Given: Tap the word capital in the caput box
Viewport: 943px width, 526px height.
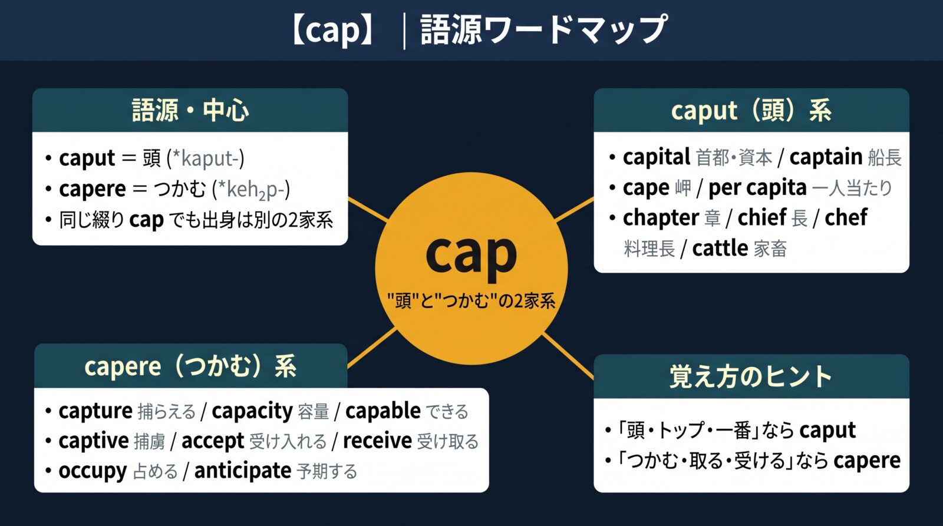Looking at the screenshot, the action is coord(657,157).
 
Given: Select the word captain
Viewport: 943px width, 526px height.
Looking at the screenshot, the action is coord(826,157).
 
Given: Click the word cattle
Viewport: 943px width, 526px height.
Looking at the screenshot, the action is coord(720,248).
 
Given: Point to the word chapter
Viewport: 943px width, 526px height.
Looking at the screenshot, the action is coord(661,218).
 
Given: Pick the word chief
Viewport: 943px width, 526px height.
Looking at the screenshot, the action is coord(762,217).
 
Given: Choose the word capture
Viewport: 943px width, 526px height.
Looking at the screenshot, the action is coord(95,411).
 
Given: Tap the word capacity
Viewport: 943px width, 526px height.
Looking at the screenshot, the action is coord(252,411).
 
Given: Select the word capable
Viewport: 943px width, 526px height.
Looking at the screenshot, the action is coord(383,411).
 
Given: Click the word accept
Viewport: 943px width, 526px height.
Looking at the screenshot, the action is coord(213,441).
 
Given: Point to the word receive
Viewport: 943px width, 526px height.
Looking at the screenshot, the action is coord(377,441).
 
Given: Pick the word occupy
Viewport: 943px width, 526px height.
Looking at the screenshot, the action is coord(93,471).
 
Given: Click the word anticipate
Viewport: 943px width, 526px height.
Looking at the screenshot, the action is coord(242,471).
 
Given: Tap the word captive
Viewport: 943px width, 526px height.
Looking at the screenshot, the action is coord(94,441).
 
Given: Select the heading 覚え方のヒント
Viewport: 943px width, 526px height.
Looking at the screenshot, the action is coord(751,376).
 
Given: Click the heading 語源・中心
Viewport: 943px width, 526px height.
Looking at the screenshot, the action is coord(190,110).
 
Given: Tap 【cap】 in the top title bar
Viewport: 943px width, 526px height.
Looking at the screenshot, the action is coord(332,29).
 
